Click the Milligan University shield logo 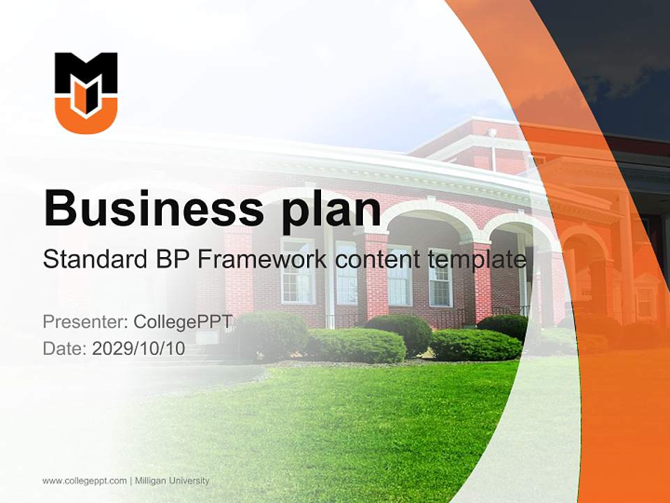click(x=86, y=92)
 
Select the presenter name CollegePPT click(x=183, y=322)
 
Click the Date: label click(x=64, y=349)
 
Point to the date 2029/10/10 click(x=139, y=349)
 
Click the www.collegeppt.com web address click(x=84, y=481)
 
